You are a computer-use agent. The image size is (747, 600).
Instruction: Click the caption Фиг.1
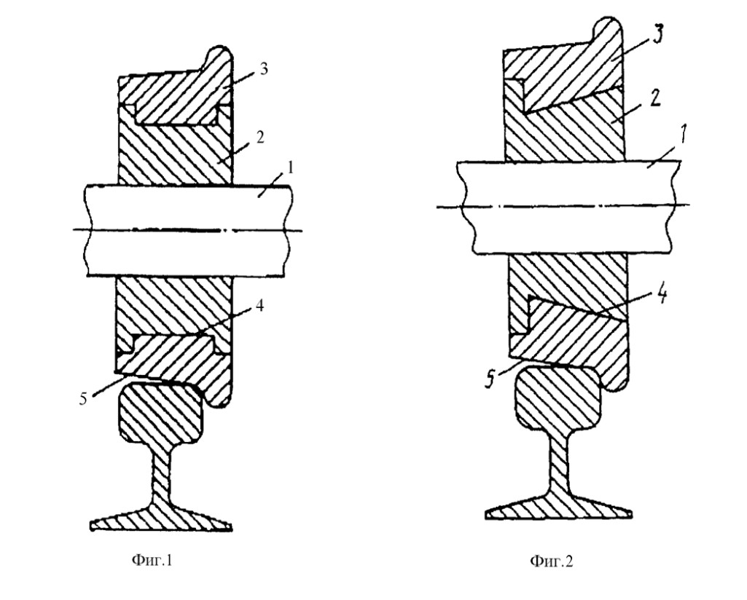click(x=152, y=560)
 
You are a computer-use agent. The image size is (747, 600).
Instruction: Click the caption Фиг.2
click(x=552, y=561)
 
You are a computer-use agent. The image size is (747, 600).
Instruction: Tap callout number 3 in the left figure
click(x=263, y=69)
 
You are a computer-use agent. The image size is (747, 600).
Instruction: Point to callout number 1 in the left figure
click(x=291, y=167)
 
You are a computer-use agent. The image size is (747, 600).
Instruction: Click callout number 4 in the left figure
click(x=259, y=306)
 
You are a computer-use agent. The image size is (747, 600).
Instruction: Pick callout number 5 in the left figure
click(x=83, y=399)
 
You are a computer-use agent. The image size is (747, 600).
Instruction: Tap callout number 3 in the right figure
click(x=657, y=35)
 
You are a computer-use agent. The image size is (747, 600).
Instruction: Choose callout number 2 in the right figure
click(x=656, y=99)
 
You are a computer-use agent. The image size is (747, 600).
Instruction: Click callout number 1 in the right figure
click(x=681, y=135)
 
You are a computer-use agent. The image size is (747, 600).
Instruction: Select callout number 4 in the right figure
click(x=662, y=294)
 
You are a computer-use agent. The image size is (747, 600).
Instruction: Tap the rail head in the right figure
click(x=558, y=398)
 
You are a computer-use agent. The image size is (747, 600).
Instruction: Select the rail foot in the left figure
click(x=162, y=519)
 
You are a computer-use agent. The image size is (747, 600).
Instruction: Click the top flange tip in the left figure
click(x=220, y=47)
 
